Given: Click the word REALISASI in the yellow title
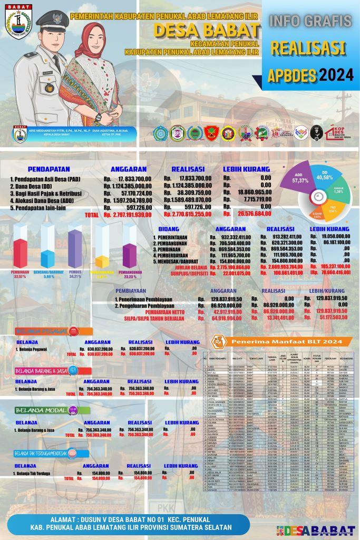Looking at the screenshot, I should point(308,48).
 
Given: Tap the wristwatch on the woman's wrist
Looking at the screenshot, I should point(98,117).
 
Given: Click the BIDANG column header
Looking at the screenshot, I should point(172,229).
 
